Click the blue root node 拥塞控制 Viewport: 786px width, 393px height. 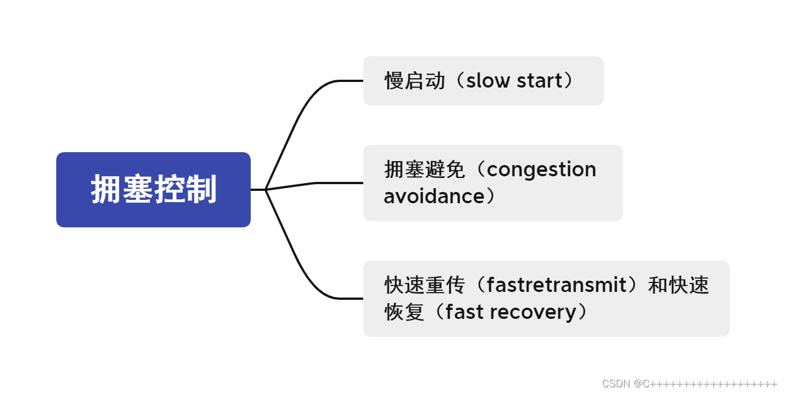tap(153, 190)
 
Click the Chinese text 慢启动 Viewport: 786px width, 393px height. tap(415, 81)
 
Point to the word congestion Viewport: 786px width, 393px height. tap(541, 170)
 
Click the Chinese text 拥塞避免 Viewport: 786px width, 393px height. tap(424, 170)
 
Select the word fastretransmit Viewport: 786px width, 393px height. tap(557, 285)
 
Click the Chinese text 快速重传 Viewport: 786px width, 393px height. tap(424, 285)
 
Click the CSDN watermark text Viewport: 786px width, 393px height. tap(617, 384)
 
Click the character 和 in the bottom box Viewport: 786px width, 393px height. tap(658, 285)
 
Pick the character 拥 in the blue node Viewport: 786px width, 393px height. tap(106, 190)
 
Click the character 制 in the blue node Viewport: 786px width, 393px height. tap(201, 190)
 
